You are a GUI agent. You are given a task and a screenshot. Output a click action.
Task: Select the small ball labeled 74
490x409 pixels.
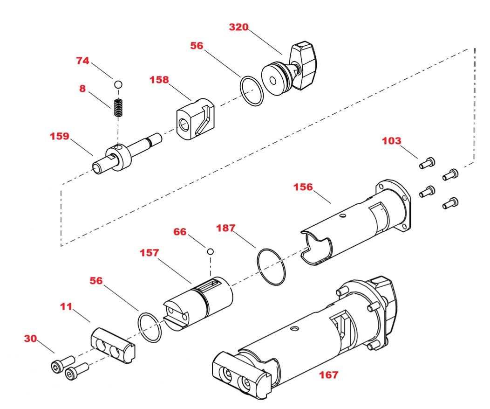click(118, 84)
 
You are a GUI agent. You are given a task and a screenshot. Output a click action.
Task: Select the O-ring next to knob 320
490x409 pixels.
click(252, 91)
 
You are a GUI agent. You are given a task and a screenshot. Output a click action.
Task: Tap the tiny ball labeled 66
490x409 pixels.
click(211, 251)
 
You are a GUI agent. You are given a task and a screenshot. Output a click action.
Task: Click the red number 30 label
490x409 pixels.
click(30, 339)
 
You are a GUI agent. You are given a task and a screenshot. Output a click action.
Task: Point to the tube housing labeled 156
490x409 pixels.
click(345, 224)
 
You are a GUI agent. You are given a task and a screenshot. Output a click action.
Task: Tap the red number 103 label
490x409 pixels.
click(391, 141)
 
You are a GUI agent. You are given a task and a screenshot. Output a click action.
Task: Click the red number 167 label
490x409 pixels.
click(328, 374)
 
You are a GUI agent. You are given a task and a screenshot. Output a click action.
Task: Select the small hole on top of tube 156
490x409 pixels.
click(343, 215)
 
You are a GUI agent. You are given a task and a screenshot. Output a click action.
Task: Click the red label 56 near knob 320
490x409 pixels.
click(197, 46)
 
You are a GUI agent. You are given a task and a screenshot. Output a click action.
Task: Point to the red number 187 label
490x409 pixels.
click(226, 228)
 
